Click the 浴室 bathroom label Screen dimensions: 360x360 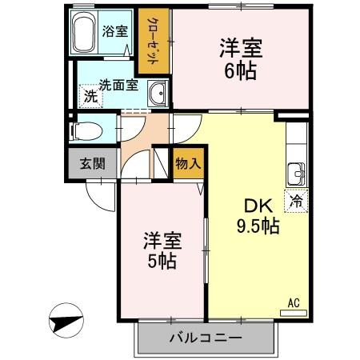pos(114,32)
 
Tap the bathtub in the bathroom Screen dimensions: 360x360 pos(84,33)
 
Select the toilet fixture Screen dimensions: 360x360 pos(86,130)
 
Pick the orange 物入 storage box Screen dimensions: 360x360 pos(186,163)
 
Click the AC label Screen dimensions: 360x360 pos(294,302)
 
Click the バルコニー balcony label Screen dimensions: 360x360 pos(205,338)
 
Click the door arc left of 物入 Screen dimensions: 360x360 pos(161,165)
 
